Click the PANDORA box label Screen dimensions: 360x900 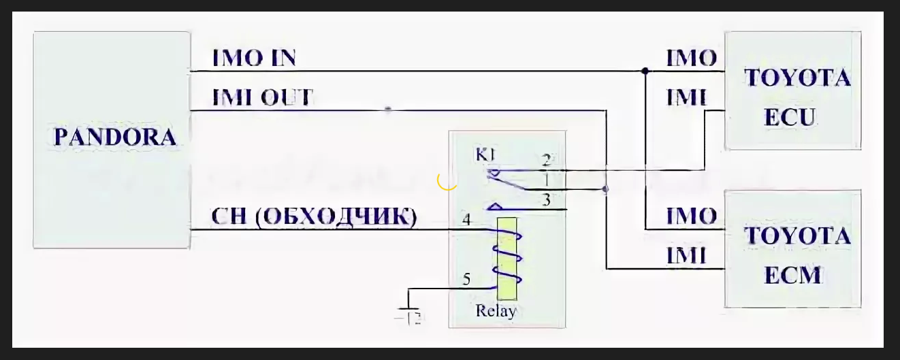pos(114,137)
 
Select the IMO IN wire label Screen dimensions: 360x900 pos(254,58)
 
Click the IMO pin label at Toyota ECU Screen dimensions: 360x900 pos(690,58)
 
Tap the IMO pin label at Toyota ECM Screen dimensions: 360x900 pos(690,216)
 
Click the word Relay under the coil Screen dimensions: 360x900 pos(495,311)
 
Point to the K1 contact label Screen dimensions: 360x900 pos(484,156)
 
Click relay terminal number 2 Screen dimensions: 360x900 pos(546,161)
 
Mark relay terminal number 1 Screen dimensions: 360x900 pos(546,180)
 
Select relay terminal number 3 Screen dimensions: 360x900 pos(546,199)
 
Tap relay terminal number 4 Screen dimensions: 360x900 pos(466,219)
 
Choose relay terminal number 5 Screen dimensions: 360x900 pos(466,278)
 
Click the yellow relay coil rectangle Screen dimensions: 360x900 pos(507,259)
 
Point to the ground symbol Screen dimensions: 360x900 pos(408,312)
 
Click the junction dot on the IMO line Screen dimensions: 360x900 pos(645,71)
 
